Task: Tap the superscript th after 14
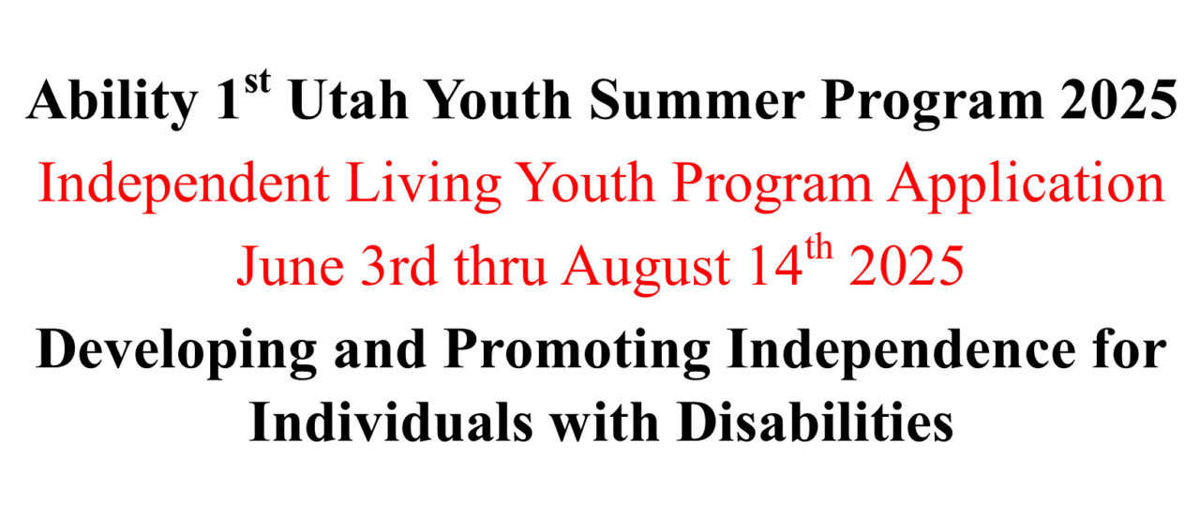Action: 818,253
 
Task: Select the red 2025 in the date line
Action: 907,268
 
